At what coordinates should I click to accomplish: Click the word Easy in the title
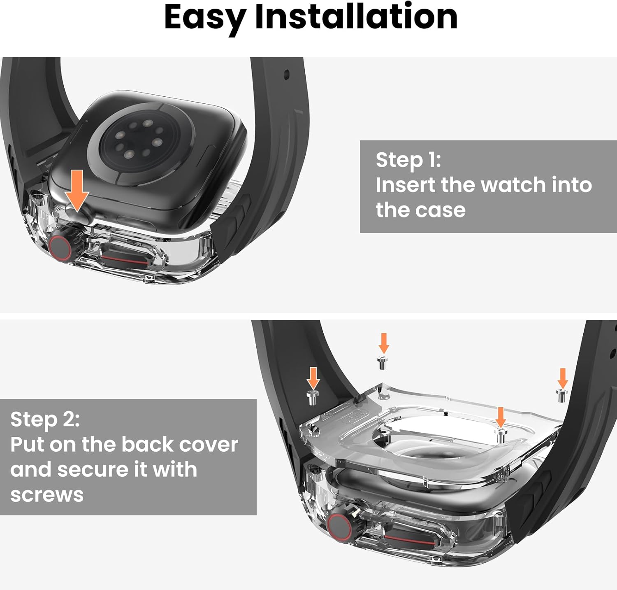click(204, 17)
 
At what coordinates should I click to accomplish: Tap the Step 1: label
click(408, 160)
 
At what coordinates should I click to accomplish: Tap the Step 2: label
click(45, 419)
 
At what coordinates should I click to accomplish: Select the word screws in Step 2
click(47, 494)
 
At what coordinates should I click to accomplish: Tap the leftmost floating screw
click(313, 397)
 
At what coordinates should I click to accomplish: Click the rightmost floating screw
click(562, 395)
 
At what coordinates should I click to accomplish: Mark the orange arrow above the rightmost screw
click(562, 378)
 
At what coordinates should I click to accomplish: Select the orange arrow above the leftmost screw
click(313, 378)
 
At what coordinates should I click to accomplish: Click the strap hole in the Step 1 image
click(286, 75)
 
